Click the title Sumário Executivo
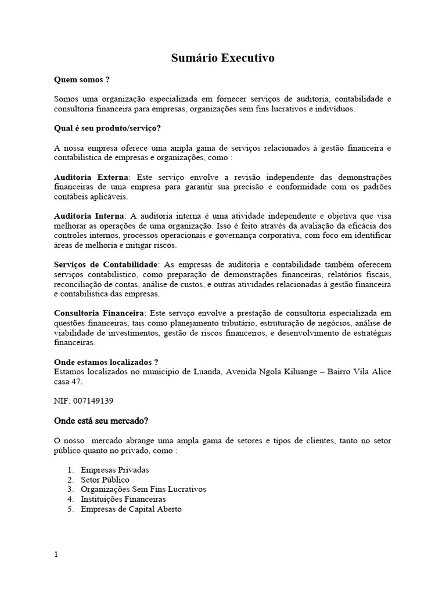222,58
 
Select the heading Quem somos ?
82,79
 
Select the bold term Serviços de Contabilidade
106,264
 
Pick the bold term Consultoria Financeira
99,313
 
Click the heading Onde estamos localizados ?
106,361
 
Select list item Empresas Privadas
115,470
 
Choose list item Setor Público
105,480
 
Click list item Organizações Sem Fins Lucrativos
143,489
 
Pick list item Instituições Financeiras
123,499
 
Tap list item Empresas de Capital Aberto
131,509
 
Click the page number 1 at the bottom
56,555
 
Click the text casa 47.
68,382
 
